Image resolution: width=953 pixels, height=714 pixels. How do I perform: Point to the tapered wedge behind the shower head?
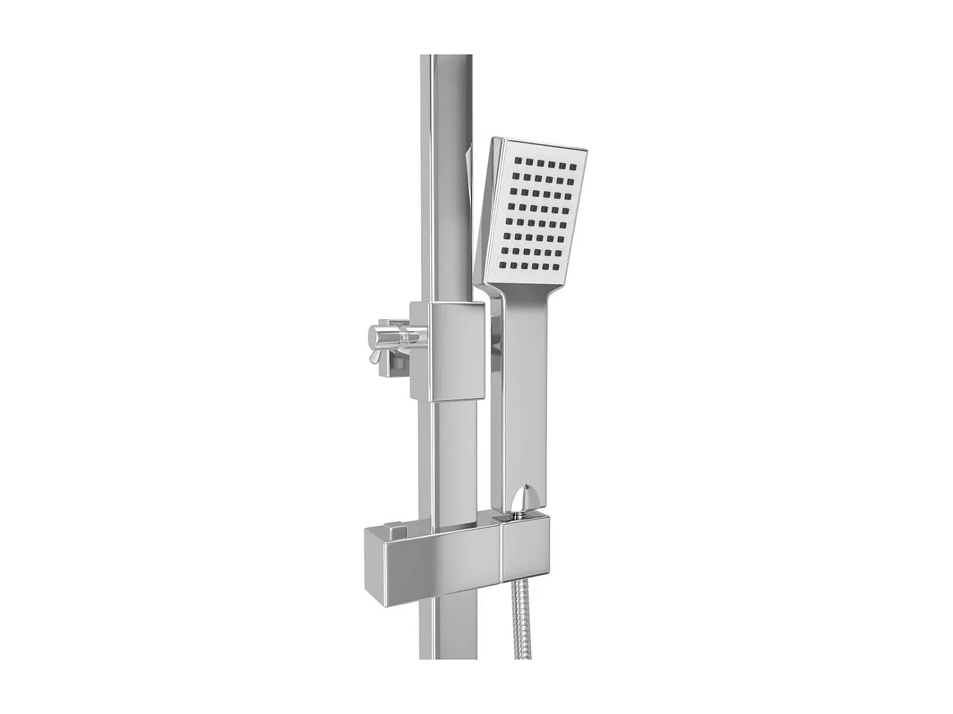(470, 178)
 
